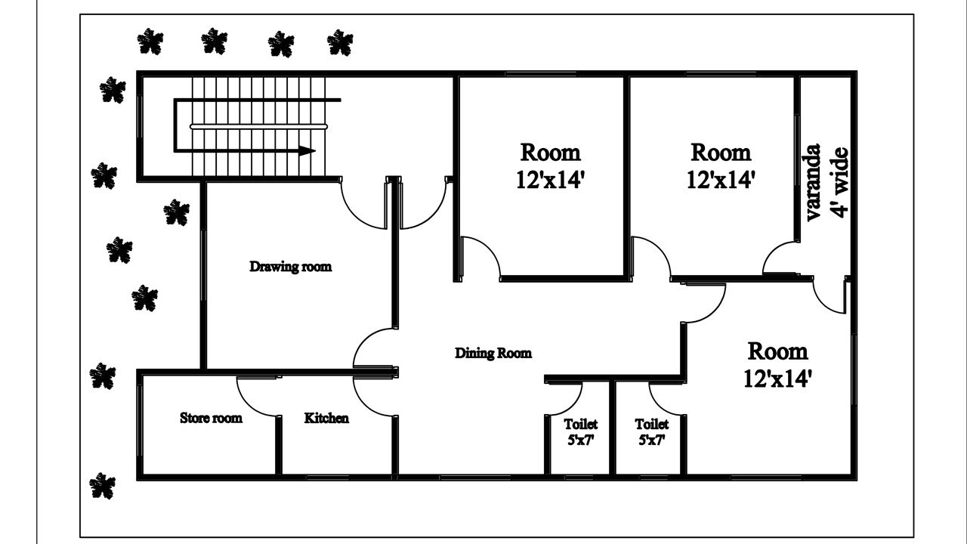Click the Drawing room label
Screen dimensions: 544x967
pos(290,267)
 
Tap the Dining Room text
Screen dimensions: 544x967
pos(493,353)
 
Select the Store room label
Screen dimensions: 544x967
pos(211,418)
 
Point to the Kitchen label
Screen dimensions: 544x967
pos(326,418)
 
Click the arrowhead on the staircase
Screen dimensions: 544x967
pos(306,151)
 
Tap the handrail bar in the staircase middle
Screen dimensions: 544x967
pos(257,127)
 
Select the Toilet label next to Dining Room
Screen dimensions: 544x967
pos(580,425)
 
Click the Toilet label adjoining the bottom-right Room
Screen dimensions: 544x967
pos(651,425)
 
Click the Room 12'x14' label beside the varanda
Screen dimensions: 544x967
pos(721,165)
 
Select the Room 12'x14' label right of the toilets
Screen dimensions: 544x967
pos(777,364)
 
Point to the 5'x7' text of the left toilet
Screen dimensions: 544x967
pos(580,440)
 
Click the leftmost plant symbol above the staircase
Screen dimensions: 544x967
pos(150,42)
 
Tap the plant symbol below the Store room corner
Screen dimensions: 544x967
pos(102,486)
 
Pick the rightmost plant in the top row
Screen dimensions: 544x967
pos(340,43)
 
